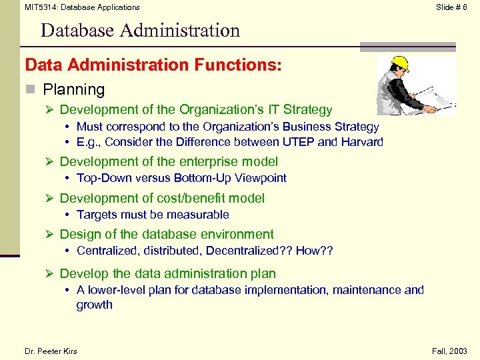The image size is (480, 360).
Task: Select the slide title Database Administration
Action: (140, 31)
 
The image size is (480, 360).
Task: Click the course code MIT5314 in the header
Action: (41, 7)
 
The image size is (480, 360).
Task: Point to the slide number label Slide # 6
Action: (451, 7)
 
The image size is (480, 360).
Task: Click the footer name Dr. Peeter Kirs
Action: (51, 351)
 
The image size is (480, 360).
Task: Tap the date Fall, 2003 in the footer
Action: (449, 351)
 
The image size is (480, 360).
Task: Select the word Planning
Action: (74, 89)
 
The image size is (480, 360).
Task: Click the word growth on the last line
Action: (95, 305)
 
